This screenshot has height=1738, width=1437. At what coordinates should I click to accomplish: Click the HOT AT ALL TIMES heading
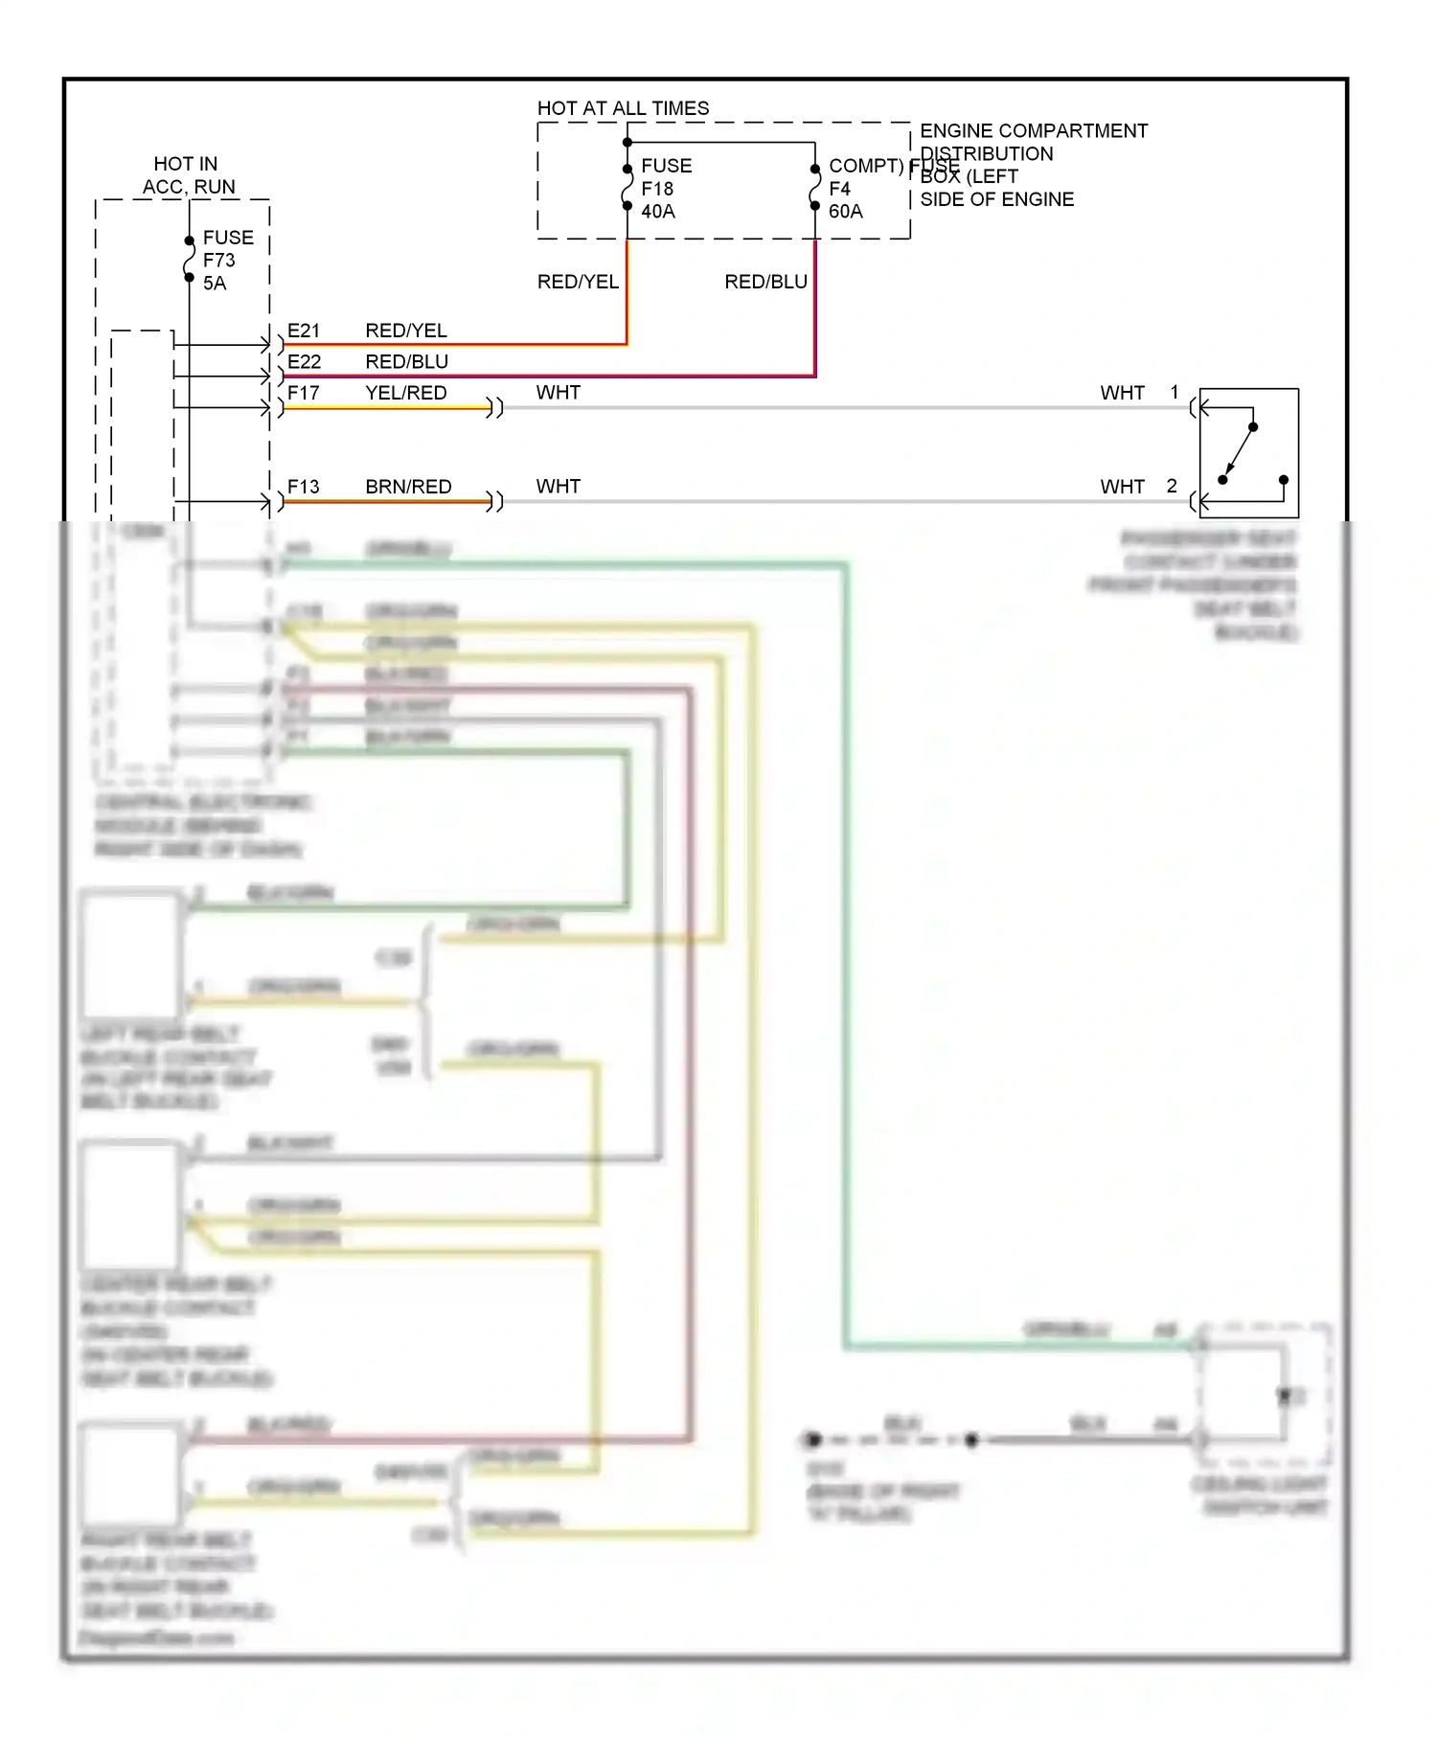pos(623,108)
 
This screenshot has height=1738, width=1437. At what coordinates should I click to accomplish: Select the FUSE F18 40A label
pos(665,189)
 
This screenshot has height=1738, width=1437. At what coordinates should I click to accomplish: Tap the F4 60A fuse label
pos(845,199)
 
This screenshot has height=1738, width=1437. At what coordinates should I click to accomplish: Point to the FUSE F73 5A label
pos(226,260)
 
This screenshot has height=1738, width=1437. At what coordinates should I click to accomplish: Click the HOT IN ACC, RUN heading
pos(187,175)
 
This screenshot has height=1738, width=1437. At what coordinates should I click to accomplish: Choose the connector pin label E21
pos(304,331)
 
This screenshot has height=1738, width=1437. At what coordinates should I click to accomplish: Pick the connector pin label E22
pos(304,361)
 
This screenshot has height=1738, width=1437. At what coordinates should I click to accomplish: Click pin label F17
pos(303,393)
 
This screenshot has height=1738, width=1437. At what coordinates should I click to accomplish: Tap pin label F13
pos(303,487)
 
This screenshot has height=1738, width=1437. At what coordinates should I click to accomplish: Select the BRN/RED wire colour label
pos(408,487)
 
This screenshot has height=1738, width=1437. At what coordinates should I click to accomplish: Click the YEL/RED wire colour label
pos(405,393)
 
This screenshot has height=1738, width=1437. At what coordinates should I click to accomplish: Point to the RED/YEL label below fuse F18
pos(578,282)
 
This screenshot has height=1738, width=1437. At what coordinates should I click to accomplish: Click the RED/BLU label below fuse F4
pos(765,282)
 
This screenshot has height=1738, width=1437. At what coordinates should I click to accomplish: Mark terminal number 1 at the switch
pos(1175,392)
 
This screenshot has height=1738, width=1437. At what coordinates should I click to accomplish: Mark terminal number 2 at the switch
pos(1172,486)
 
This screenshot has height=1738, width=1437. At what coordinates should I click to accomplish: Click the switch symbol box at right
pos(1248,452)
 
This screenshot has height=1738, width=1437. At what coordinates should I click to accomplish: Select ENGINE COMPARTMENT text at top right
pos(1033,130)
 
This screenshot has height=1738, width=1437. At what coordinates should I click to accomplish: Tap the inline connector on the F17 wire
pos(495,408)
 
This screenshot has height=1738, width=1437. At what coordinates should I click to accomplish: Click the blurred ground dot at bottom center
pos(813,1439)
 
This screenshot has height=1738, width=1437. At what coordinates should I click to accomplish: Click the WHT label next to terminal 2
pos(1122,487)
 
